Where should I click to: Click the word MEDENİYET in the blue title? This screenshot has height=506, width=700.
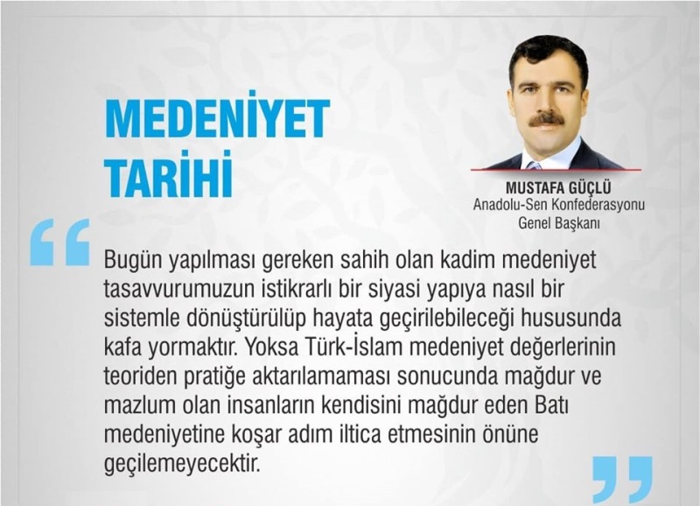click(x=217, y=117)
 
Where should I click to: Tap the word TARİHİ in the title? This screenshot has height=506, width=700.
click(x=169, y=174)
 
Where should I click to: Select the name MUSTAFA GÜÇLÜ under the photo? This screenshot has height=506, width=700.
click(x=558, y=188)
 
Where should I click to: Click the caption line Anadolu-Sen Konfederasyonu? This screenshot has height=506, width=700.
click(x=559, y=205)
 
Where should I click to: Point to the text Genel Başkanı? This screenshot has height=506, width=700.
click(x=559, y=222)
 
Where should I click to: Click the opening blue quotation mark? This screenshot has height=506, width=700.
click(x=59, y=242)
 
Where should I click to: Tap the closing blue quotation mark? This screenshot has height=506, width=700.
click(x=623, y=480)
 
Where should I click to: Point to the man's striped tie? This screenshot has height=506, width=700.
click(x=534, y=165)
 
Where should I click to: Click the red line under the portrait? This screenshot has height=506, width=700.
click(x=556, y=170)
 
